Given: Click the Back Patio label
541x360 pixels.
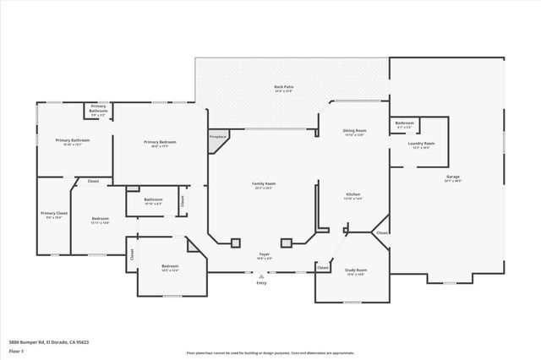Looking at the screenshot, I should pos(283,87).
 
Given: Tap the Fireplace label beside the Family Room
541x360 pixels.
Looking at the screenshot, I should pos(217,136).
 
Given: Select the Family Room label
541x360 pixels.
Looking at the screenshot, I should pos(264,183).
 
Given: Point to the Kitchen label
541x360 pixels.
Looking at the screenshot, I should pos(353,195).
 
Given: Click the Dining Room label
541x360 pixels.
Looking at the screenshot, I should pos(354,131).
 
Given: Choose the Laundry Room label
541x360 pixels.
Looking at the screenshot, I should pos(423,144).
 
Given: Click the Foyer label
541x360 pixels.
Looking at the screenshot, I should pos(264,253).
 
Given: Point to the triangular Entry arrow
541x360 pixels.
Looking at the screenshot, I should pos(261,275).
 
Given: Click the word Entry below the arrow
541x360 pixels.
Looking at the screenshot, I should pos(261,282).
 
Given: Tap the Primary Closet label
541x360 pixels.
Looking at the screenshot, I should pos(54,214).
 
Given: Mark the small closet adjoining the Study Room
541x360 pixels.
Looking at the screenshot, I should pos(322,268).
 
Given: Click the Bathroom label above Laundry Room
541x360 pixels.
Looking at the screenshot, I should pos(404,123).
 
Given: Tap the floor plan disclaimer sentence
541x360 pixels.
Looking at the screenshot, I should pos(270,353).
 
